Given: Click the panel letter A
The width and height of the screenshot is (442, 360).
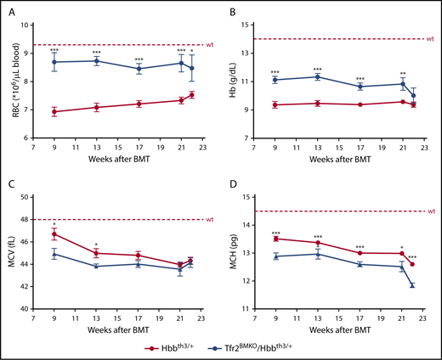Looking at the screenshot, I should pos(10,13).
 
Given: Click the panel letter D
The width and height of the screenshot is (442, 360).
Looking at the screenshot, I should pos(233,185).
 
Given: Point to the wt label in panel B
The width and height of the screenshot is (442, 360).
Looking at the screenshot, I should pos(430,39).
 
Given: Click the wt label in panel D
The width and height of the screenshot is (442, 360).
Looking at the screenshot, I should pos(430,211).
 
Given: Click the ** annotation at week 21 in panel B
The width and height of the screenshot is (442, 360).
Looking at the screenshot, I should pos(402,73).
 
